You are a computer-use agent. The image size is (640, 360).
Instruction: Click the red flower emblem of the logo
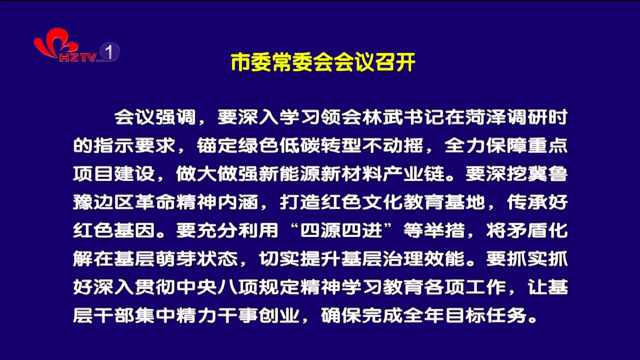(x=54, y=43)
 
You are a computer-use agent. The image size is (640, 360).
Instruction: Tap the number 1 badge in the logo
(x=109, y=51)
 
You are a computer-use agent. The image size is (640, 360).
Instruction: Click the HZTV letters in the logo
(x=77, y=57)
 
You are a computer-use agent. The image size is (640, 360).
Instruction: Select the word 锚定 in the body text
(x=217, y=145)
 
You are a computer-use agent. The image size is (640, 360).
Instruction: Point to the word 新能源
(x=289, y=173)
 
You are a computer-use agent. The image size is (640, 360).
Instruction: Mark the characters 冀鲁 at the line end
(x=547, y=173)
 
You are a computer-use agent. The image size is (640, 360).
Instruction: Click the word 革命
(x=155, y=202)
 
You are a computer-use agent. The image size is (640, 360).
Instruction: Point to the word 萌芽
(x=175, y=258)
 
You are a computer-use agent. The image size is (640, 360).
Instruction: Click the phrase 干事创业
(x=258, y=315)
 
